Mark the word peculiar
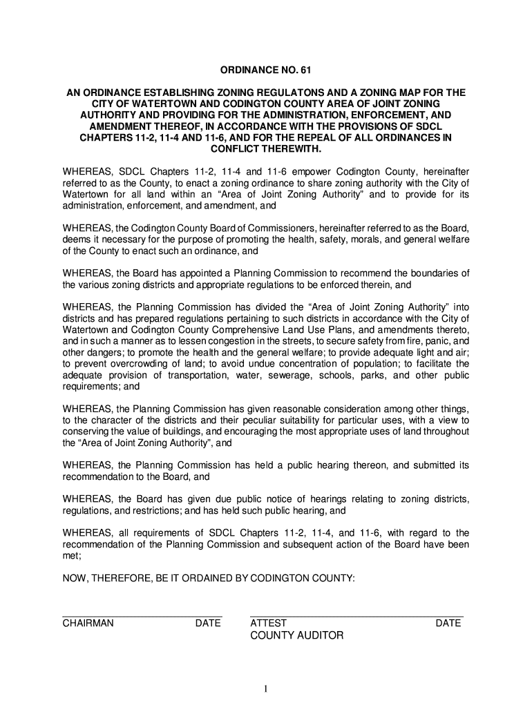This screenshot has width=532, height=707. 258,420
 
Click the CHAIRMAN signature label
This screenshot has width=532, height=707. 88,623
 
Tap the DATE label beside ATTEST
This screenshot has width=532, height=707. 448,623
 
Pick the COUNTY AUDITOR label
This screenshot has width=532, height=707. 296,635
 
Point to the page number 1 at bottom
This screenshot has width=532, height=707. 266,688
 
